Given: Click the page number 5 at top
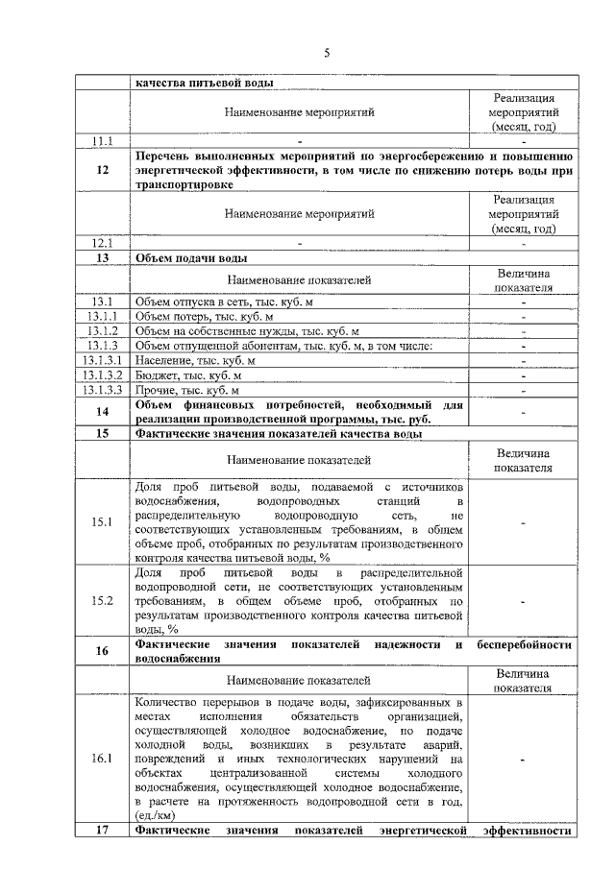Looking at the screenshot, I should [x=326, y=53].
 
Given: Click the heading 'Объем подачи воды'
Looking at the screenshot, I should [x=191, y=258].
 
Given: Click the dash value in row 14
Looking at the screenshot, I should [x=524, y=412].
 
